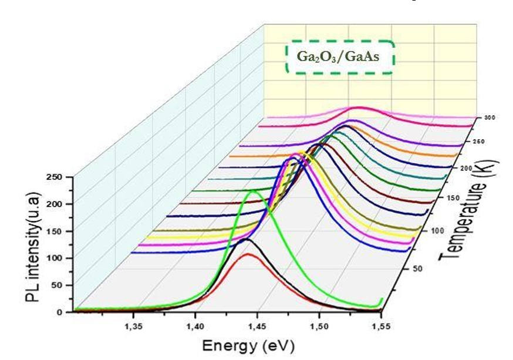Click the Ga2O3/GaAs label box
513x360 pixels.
coord(339,58)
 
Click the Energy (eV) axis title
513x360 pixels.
coord(248,345)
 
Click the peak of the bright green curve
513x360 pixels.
coord(254,191)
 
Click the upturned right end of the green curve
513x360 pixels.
coord(382,300)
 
